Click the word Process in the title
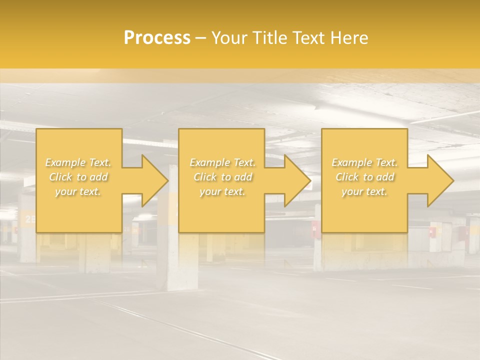tap(157, 38)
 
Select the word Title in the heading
tap(268, 38)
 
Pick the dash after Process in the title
tap(201, 38)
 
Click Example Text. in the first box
tap(78, 162)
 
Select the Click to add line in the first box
tap(78, 177)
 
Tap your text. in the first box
tap(78, 191)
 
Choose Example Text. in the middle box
tap(222, 162)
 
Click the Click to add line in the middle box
tap(222, 177)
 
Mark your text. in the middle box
tap(222, 191)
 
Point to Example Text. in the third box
tap(364, 162)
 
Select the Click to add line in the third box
tap(364, 177)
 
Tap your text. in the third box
tap(364, 191)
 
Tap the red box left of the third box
tap(314, 229)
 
